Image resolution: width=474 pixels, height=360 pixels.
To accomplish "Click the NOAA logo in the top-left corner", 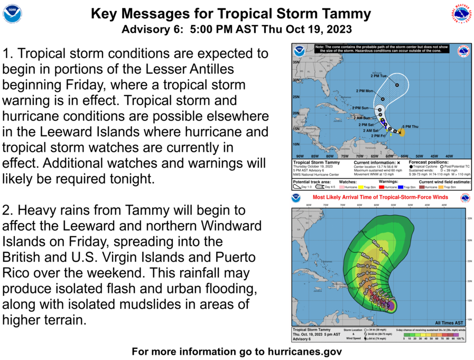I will pyautogui.click(x=12, y=13).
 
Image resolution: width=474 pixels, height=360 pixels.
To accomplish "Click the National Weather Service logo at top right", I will pyautogui.click(x=461, y=13).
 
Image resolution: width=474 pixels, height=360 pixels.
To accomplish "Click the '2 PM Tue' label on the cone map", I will pyautogui.click(x=379, y=77).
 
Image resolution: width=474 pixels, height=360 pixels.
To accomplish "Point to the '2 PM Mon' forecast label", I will pyautogui.click(x=364, y=91).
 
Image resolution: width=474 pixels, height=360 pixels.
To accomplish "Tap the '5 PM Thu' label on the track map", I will pyautogui.click(x=411, y=127).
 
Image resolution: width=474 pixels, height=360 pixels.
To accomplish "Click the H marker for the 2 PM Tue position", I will pyautogui.click(x=397, y=85).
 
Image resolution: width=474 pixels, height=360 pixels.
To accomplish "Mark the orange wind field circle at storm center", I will pyautogui.click(x=402, y=133).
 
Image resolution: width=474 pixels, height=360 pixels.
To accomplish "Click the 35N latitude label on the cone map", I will pyautogui.click(x=296, y=63).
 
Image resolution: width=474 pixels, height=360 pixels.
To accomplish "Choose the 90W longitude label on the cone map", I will pyautogui.click(x=300, y=156).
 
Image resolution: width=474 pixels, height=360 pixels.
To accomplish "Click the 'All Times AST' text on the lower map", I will pyautogui.click(x=449, y=322).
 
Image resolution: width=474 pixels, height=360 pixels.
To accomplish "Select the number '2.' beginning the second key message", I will pyautogui.click(x=10, y=210).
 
